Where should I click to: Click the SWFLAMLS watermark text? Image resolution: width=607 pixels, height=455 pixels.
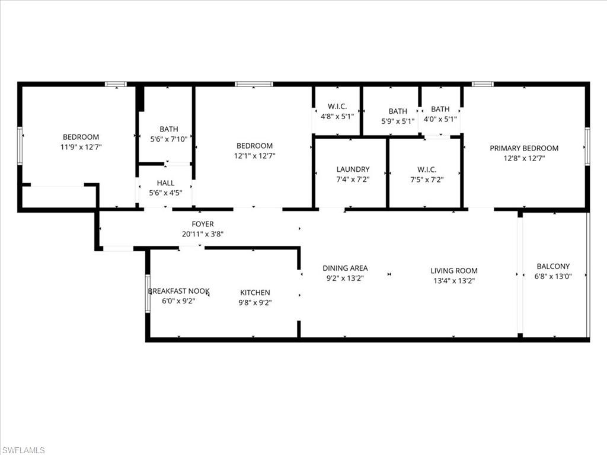tap(23, 450)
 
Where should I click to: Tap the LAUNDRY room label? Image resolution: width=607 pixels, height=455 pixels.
tap(353, 169)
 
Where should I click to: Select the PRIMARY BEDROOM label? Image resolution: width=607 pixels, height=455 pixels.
tap(524, 148)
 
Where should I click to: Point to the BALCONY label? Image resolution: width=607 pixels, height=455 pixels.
tap(552, 266)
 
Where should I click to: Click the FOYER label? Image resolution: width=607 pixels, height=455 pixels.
tap(202, 224)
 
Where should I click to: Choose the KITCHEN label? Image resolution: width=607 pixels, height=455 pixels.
tap(255, 292)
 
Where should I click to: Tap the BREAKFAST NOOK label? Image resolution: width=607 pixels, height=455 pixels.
tap(178, 291)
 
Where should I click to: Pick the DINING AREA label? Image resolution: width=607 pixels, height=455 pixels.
tap(345, 268)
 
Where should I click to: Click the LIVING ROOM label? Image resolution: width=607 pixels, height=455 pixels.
tap(454, 271)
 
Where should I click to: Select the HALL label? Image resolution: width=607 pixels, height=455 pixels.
tap(165, 183)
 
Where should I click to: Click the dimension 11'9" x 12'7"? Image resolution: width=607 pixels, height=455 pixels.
tap(81, 147)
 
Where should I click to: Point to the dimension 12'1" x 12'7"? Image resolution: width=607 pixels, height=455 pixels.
tap(254, 156)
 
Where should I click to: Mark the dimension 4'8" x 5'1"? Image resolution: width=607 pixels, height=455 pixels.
tap(337, 117)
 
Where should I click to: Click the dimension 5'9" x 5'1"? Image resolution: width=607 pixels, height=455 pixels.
tap(398, 121)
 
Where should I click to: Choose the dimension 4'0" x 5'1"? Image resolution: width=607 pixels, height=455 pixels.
tap(440, 118)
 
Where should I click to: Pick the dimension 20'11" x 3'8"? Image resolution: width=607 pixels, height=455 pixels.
tap(202, 234)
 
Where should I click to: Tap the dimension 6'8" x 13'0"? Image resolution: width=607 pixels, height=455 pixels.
tap(553, 276)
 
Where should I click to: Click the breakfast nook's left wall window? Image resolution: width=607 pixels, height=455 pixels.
tap(148, 293)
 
